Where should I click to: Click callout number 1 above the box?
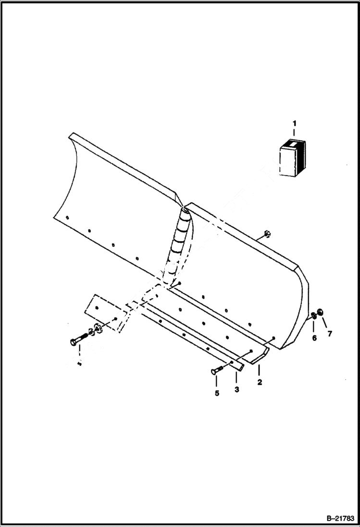(x=294, y=124)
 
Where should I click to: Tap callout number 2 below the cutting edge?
(x=259, y=383)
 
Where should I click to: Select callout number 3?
(x=236, y=390)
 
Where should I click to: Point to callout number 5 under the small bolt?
(x=216, y=393)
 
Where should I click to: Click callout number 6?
(x=314, y=338)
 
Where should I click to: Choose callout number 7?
(x=330, y=334)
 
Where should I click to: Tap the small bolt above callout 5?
(x=217, y=370)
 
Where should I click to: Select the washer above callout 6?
(x=313, y=316)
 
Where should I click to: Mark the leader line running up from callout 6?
(x=314, y=327)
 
